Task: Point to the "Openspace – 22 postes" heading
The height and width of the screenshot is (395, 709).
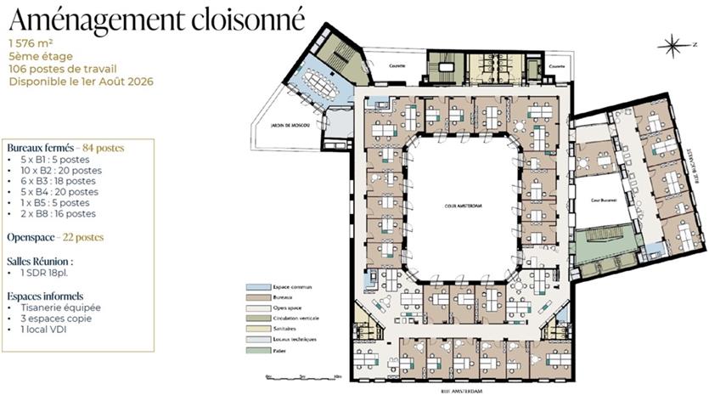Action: pyautogui.click(x=55, y=237)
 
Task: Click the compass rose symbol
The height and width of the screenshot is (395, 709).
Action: pyautogui.click(x=673, y=43)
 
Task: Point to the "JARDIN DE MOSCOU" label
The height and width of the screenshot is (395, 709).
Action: pyautogui.click(x=290, y=127)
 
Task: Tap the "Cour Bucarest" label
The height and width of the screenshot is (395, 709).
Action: pyautogui.click(x=603, y=200)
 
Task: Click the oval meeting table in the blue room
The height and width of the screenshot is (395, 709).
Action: pyautogui.click(x=320, y=82)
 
